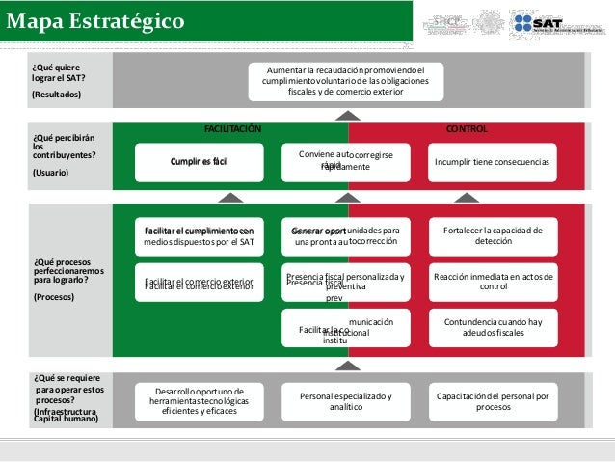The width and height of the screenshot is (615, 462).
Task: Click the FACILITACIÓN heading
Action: [x=232, y=128]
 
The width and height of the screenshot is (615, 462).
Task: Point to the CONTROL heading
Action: [x=468, y=128]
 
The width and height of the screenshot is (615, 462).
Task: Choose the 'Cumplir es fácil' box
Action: [x=199, y=162]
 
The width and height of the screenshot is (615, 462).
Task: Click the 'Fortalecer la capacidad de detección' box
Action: [x=493, y=236]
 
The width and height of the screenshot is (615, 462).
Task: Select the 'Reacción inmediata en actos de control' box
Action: [x=493, y=282]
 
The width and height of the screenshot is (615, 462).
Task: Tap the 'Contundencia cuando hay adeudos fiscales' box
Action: [x=493, y=328]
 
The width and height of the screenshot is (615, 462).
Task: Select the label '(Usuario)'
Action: [x=51, y=173]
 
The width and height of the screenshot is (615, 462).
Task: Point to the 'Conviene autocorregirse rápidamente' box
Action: [x=346, y=161]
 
